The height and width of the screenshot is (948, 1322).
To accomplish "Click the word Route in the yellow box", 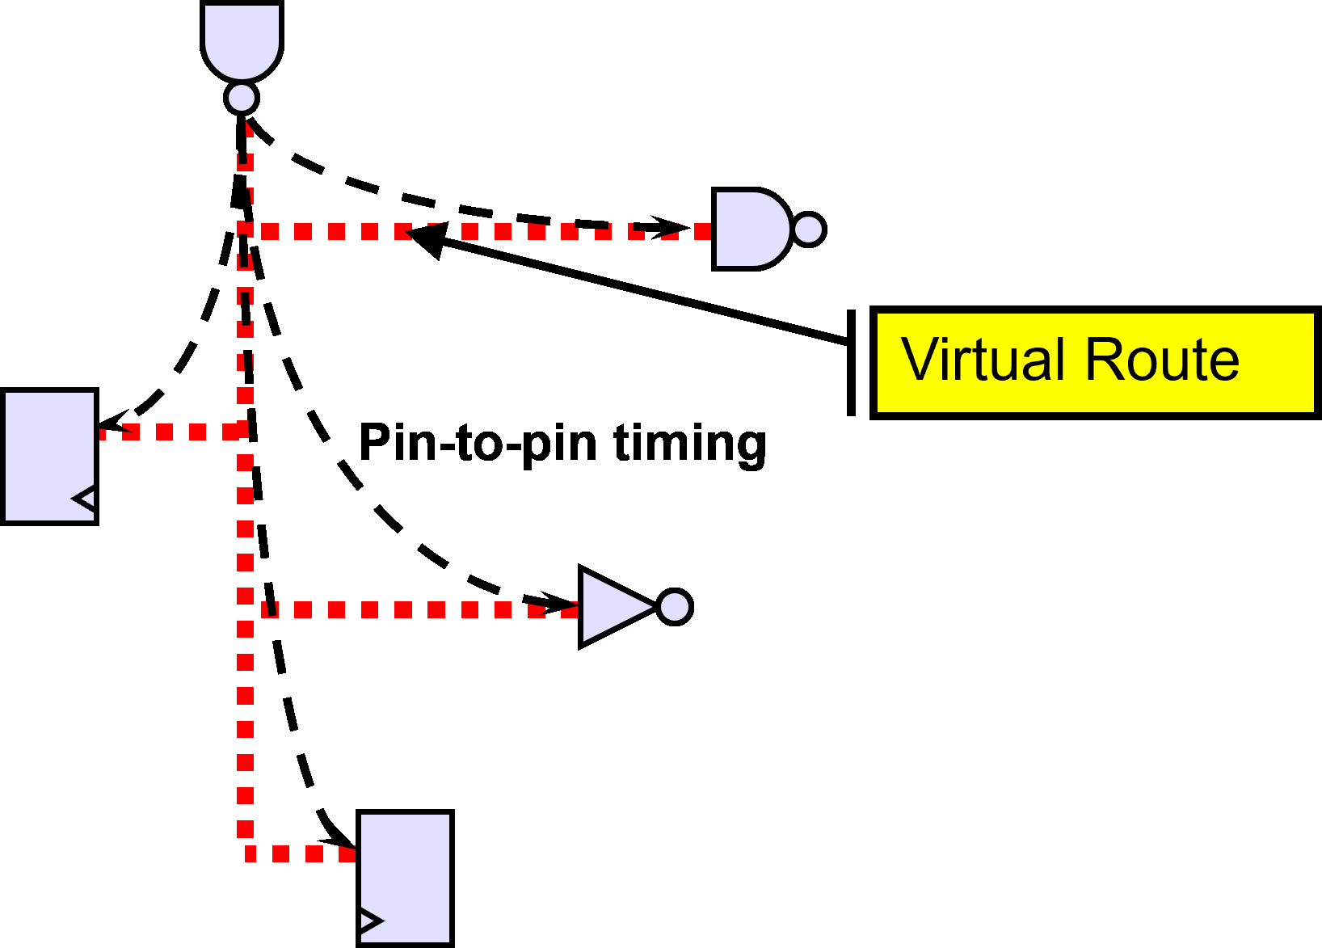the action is point(1162,360).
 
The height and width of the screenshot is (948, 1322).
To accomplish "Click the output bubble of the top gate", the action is point(242,98).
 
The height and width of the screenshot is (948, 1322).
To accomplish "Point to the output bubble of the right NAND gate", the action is point(809,229).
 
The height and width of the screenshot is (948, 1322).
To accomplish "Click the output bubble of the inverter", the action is point(675,607).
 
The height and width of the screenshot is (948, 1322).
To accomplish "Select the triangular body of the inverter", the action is point(614,607).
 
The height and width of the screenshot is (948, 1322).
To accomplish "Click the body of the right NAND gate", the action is point(751,229).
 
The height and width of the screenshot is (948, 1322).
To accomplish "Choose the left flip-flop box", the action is point(49,457).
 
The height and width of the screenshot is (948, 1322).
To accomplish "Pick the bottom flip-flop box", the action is point(405,879).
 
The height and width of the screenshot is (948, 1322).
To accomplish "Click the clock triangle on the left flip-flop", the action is point(86,499).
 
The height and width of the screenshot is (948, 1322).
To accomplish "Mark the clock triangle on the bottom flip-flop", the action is point(371,920).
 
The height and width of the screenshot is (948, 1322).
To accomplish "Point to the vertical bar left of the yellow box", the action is point(851,363).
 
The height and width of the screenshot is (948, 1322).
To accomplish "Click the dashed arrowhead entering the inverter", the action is point(558,602).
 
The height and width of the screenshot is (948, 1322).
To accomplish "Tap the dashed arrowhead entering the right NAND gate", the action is point(671,227).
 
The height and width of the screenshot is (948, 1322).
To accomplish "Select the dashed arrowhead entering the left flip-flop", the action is point(114,421).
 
